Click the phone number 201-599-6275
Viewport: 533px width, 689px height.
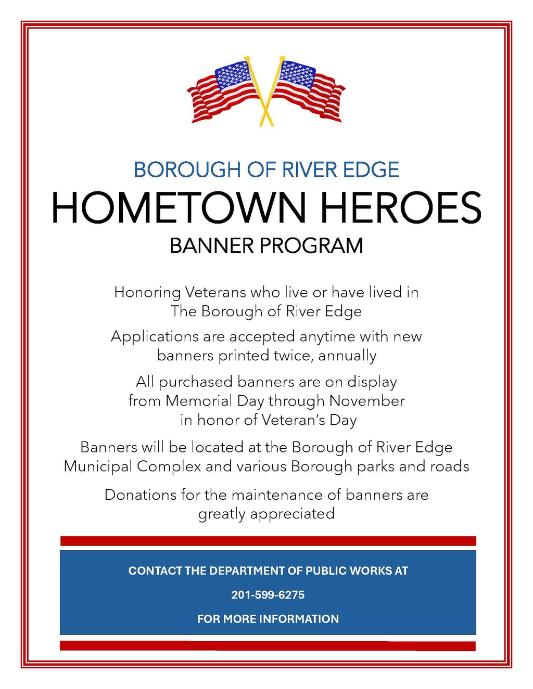(x=268, y=595)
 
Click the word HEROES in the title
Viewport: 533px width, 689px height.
(x=400, y=207)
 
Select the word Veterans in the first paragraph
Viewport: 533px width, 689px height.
(x=215, y=292)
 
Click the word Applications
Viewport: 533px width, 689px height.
(x=155, y=336)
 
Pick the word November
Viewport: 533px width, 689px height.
(x=367, y=401)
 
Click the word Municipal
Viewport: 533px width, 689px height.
(x=98, y=466)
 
